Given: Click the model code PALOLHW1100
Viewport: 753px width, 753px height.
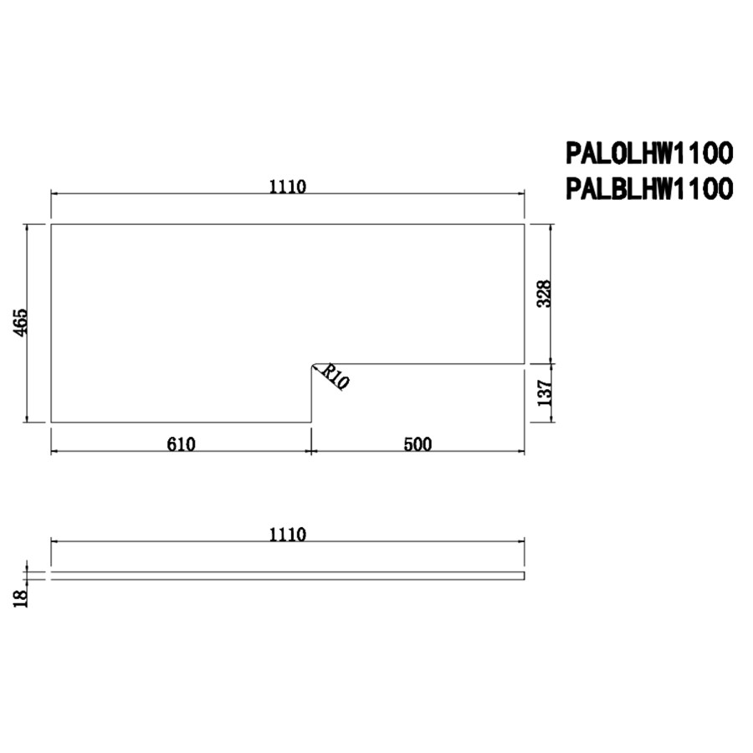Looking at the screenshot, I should tap(649, 153).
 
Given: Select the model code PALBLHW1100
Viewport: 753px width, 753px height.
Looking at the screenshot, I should tap(649, 189).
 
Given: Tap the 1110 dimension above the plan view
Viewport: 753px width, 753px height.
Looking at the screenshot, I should tap(288, 187).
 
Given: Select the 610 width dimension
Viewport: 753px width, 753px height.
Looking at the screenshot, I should tap(181, 443).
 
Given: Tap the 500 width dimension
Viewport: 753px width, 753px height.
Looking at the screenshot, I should tap(417, 443).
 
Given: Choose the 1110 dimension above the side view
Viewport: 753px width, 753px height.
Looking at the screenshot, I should tap(288, 534).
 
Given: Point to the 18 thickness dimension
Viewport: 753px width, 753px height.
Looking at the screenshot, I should tap(21, 596).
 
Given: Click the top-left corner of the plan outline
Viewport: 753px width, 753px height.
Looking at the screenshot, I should tap(52, 224).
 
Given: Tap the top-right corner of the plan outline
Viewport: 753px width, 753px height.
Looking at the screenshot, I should tap(525, 224).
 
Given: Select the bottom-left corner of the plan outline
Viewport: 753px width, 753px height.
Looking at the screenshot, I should tap(52, 423).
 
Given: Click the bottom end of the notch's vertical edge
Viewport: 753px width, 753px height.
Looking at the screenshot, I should tap(311, 423).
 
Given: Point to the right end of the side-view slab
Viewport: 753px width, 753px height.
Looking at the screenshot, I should tap(524, 576).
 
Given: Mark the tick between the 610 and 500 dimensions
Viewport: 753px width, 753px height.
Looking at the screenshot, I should tap(311, 452).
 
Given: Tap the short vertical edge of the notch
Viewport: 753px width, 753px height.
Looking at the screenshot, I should tap(311, 395).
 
